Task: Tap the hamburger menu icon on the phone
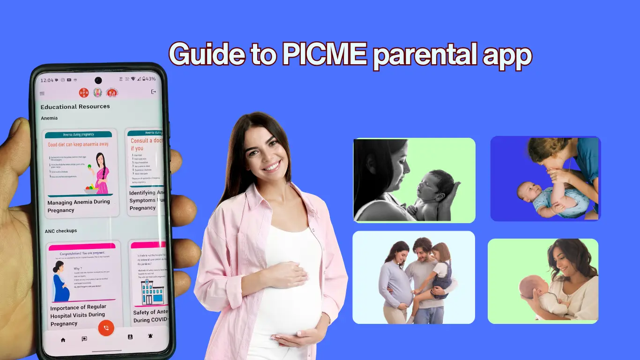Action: [x=42, y=94]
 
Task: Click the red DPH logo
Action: [x=84, y=93]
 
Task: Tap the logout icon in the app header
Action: [x=153, y=92]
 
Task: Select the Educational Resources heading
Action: [x=75, y=106]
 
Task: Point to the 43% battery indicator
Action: [x=149, y=79]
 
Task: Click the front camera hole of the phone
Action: [x=98, y=80]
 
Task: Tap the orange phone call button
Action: [x=106, y=328]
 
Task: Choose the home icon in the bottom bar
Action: [x=63, y=339]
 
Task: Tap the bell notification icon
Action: [x=150, y=336]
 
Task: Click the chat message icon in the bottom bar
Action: [x=84, y=338]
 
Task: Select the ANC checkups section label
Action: [x=61, y=231]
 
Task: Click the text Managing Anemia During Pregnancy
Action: [x=79, y=206]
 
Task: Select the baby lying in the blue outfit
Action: [x=548, y=199]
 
